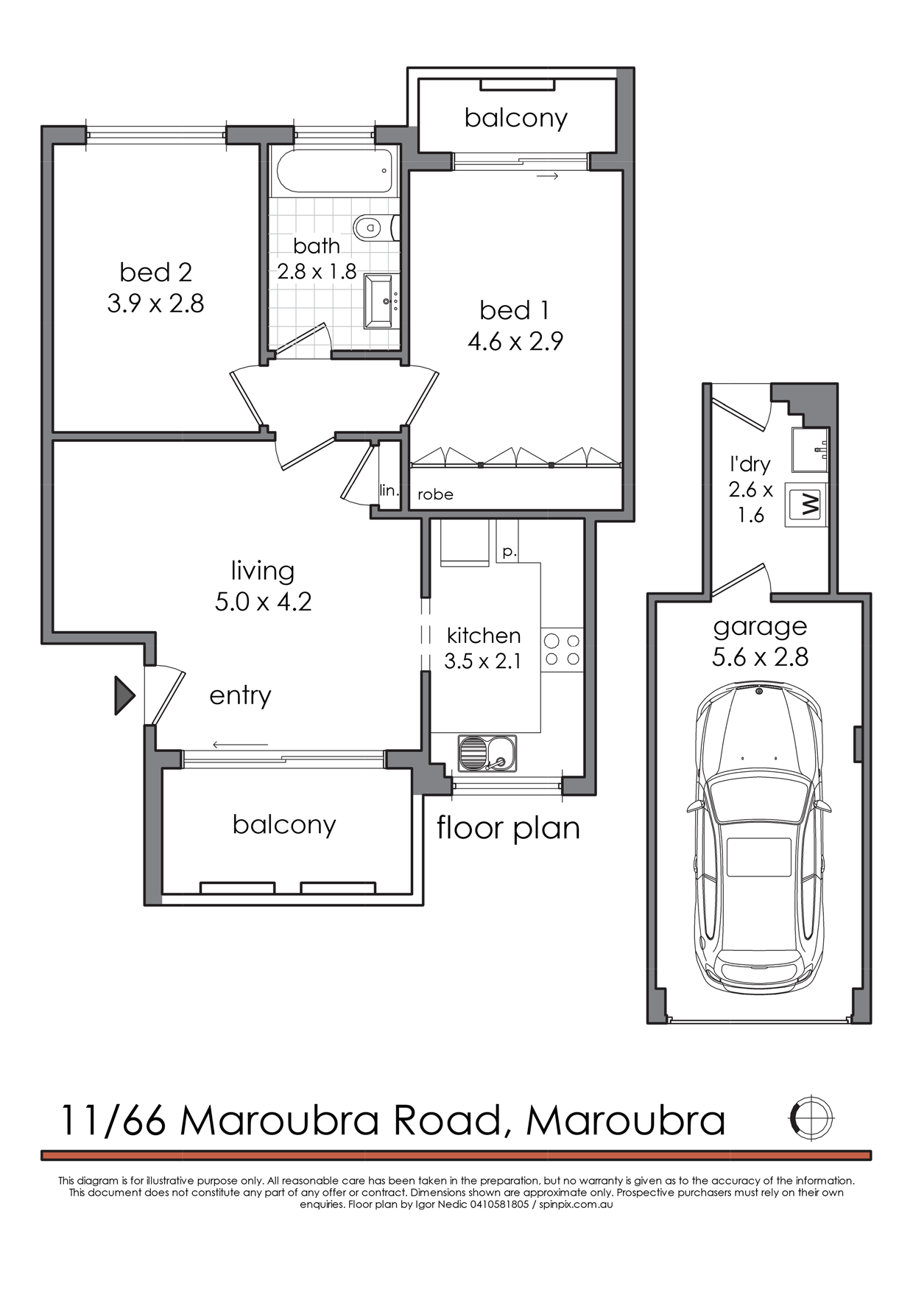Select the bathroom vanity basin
[381, 301]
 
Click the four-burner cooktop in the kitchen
[562, 650]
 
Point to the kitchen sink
[487, 753]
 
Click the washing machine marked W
[806, 505]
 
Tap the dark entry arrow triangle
[124, 695]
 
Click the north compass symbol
[811, 1118]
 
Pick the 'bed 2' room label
[156, 273]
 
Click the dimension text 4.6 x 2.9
[515, 342]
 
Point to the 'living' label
[263, 571]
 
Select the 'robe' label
[435, 494]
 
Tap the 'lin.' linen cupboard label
[389, 490]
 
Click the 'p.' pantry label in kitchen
[510, 552]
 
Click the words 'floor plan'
[508, 828]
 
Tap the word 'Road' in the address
[447, 1120]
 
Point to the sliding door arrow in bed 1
[549, 176]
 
